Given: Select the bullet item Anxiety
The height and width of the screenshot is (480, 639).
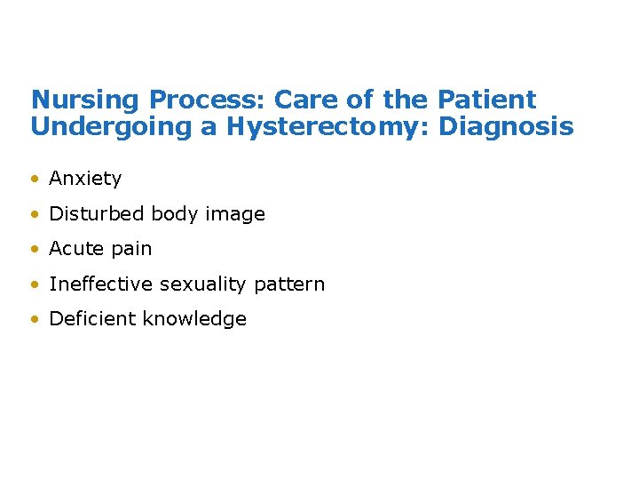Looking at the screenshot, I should point(85,179).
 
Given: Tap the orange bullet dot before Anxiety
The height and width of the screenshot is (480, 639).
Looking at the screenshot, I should point(35,179).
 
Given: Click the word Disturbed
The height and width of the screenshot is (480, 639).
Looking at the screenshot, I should point(97,214).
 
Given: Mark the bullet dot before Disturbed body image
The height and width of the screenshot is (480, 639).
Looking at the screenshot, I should point(35,214).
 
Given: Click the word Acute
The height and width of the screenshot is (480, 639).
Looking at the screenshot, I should point(74,249).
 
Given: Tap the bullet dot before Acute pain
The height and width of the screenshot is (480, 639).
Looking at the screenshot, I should point(35,250).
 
